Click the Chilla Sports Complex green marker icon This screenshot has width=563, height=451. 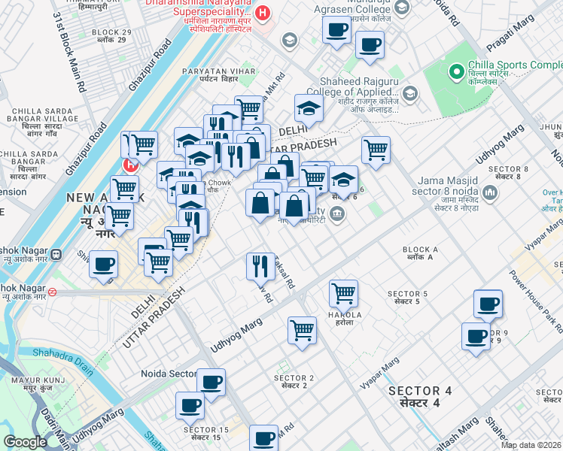point(456,72)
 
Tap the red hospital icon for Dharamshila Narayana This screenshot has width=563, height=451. point(263,13)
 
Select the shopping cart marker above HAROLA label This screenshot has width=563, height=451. point(343,292)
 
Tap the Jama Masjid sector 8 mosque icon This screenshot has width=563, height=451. point(491,194)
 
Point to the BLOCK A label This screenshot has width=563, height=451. point(420,253)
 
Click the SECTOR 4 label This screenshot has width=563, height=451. point(420,397)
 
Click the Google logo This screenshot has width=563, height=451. point(25,442)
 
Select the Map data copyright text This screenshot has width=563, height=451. point(531,445)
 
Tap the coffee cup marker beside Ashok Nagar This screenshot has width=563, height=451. point(104,265)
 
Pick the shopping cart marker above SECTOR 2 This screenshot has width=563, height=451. point(302,328)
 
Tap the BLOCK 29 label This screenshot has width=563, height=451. point(111,36)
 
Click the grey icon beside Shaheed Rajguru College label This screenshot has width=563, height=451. point(409,94)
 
